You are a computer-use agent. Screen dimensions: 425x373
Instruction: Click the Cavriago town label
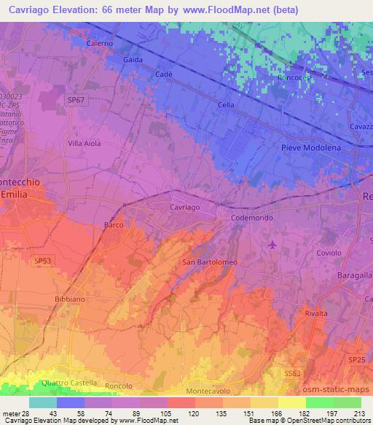[x=184, y=207]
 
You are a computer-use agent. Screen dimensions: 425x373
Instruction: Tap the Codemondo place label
[x=251, y=218]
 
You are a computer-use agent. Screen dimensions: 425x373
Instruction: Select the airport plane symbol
[x=272, y=244]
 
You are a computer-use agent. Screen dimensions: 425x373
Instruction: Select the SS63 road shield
[x=291, y=373]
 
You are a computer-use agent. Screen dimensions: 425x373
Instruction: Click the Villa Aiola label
[x=84, y=144]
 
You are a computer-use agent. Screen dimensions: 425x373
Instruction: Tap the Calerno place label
[x=100, y=43]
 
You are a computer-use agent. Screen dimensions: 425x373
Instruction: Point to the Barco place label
[x=113, y=226]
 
